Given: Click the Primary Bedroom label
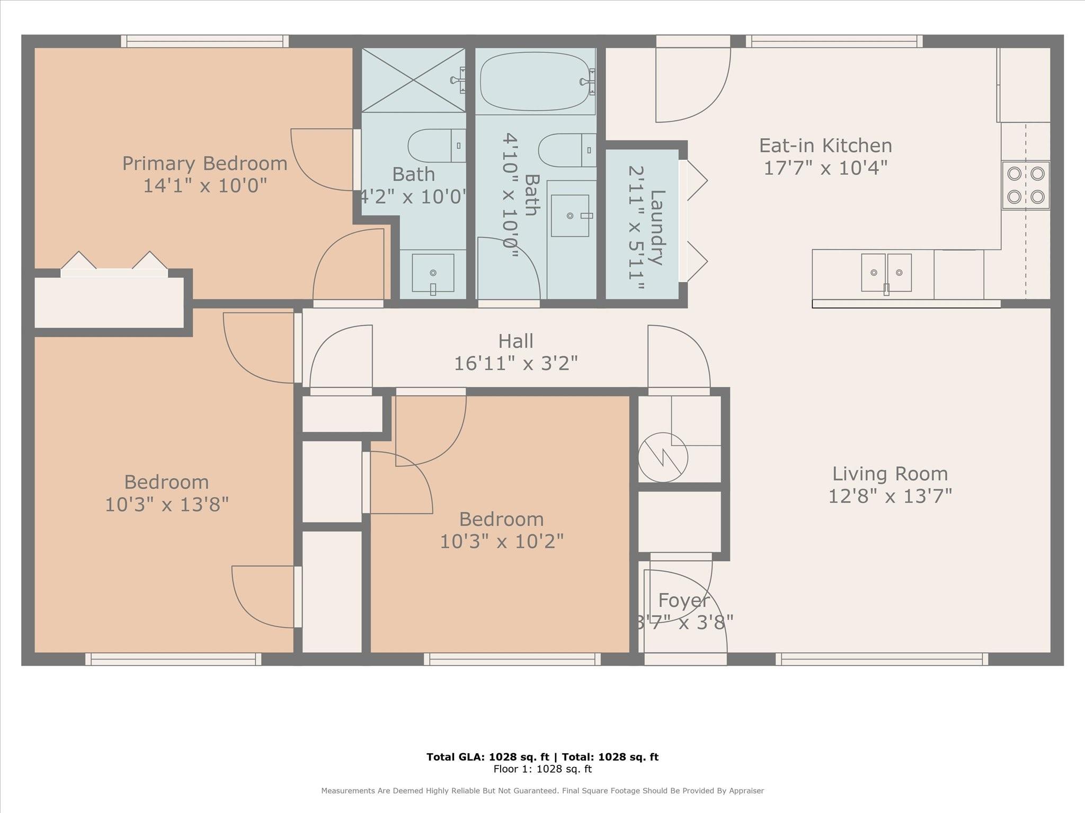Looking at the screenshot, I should coord(204,164).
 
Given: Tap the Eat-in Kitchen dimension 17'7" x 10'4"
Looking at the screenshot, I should coord(825,168).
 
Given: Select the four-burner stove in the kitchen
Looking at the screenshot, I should coord(1025,185).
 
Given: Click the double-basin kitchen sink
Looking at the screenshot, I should coord(886,273).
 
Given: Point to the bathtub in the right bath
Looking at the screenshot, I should coord(535,82).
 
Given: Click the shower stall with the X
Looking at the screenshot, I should coord(413,80).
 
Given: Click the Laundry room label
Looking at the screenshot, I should coord(656,228).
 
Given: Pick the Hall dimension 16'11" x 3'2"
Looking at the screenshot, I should coord(515,364).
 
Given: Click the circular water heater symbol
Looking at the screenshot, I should coord(663,457).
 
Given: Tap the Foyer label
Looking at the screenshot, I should coord(683,601).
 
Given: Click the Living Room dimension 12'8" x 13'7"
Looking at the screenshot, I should coord(890,496).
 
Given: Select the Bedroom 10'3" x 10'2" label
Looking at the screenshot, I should coord(501,519).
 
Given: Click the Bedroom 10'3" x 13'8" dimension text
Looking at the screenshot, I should coord(166,505).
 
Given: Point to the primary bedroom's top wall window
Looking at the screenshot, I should coord(204,41).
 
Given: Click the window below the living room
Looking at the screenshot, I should coord(882,659).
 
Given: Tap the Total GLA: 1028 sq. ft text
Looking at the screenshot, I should coord(487,757).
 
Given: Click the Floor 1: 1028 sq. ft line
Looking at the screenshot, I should coord(542,769).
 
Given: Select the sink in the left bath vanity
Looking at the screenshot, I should coord(433,273).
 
